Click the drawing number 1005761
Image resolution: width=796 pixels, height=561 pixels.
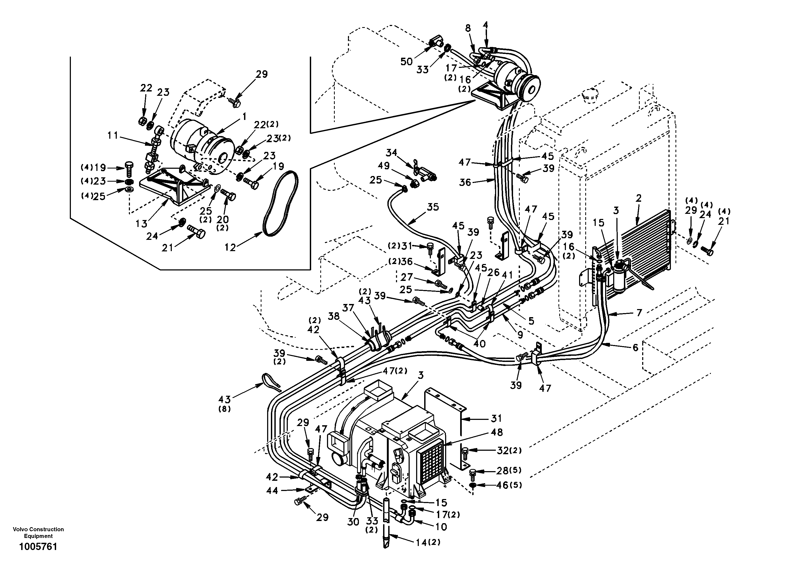(x=38, y=547)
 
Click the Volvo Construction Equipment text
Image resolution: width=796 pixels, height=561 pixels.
(x=38, y=533)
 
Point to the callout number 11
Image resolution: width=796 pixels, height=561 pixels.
(x=113, y=135)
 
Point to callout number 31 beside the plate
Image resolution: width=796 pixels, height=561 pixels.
(x=496, y=418)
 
